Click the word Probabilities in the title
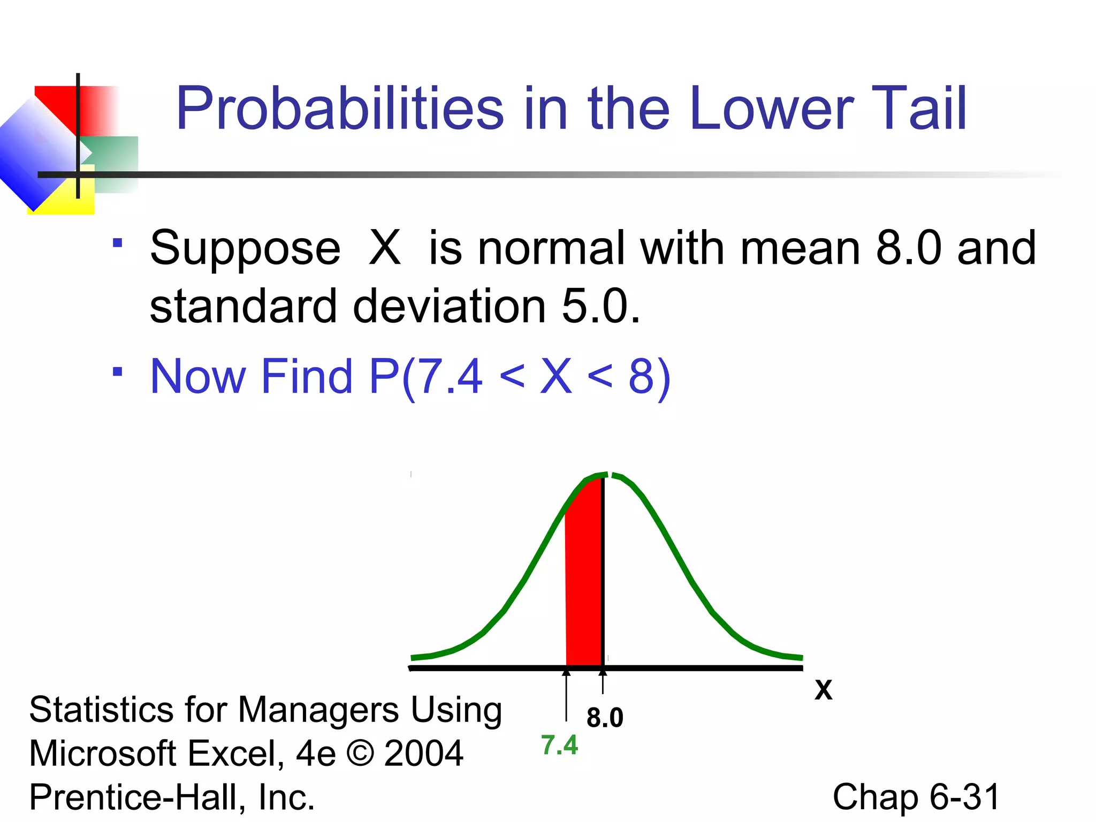point(339,109)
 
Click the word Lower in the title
point(771,109)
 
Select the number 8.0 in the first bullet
point(908,248)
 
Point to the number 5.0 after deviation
point(600,306)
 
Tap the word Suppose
point(245,249)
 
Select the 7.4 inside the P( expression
point(448,376)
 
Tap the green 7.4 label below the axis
point(559,745)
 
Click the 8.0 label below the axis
point(605,717)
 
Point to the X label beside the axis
point(823,690)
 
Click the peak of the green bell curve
point(605,475)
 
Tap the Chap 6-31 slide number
point(916,797)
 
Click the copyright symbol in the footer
point(360,753)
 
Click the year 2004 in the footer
point(423,753)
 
